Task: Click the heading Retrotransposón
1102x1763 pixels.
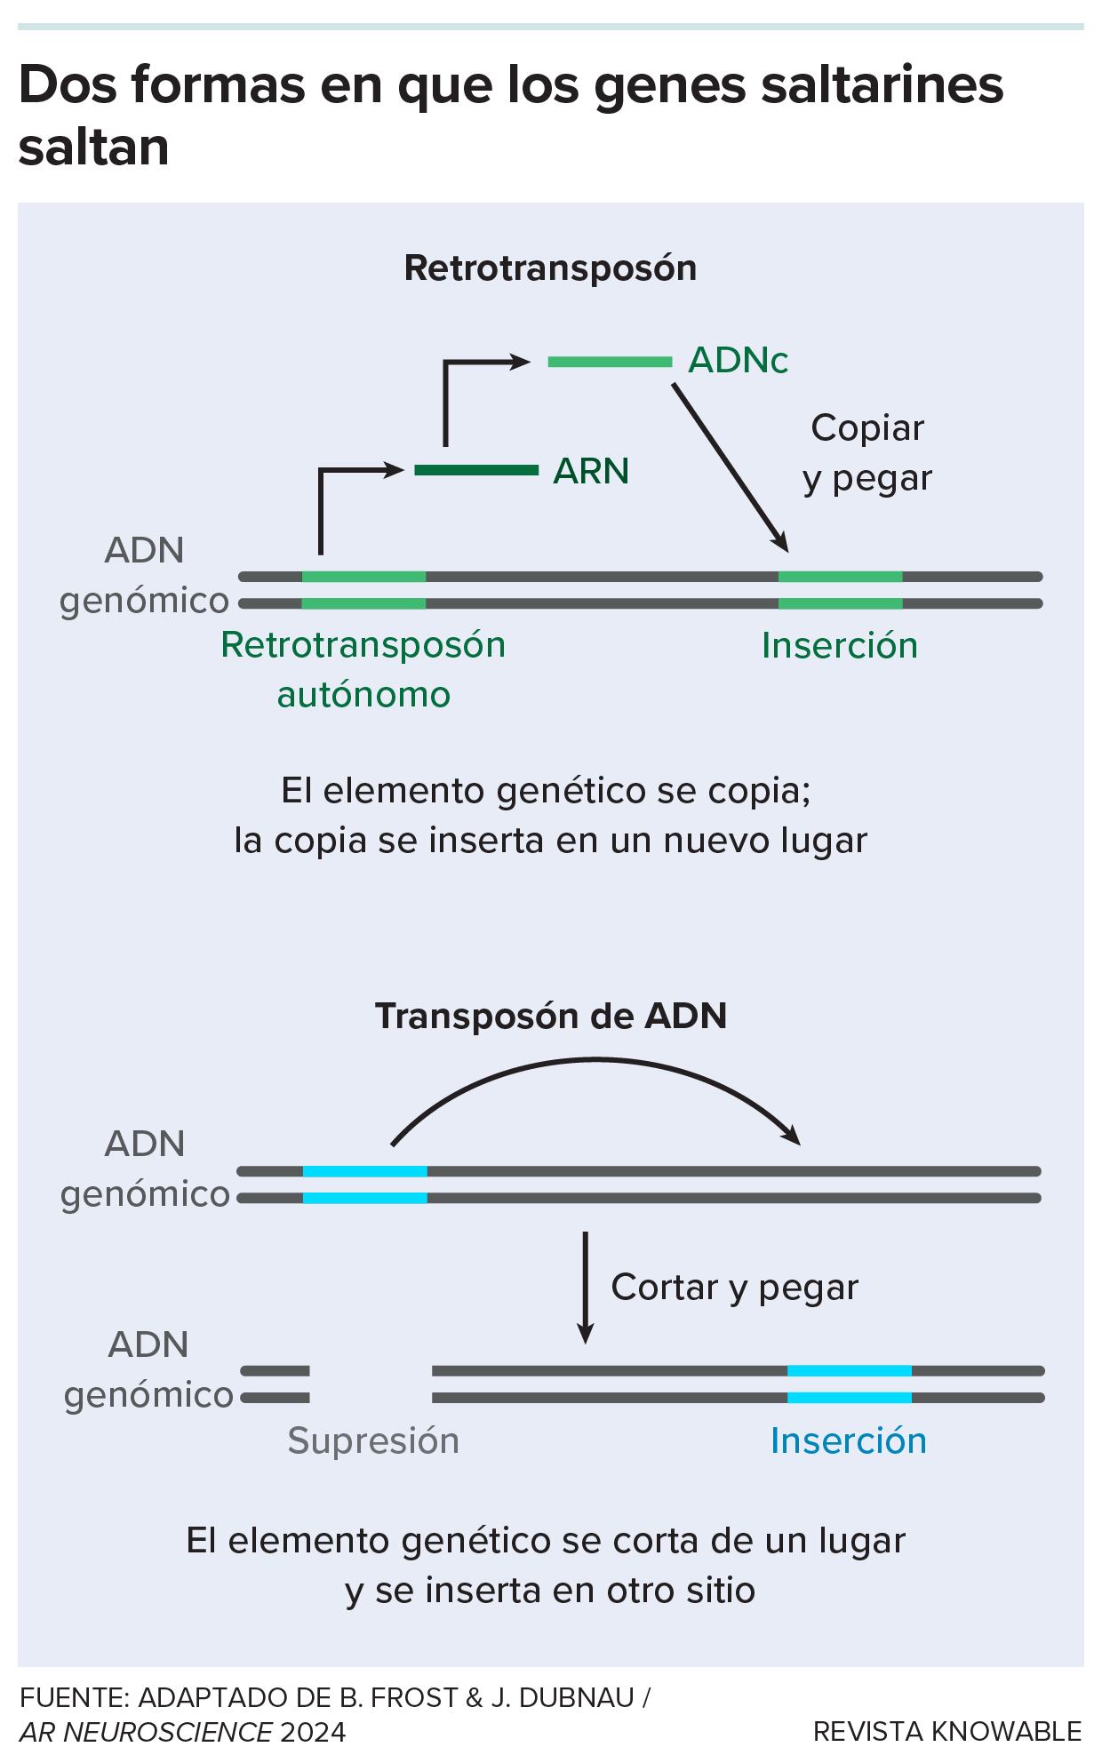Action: tap(550, 268)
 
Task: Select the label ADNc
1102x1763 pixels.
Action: tap(739, 361)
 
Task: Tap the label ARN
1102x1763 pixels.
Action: tap(591, 471)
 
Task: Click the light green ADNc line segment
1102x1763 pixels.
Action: tap(610, 362)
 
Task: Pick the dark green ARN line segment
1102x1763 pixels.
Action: tap(476, 469)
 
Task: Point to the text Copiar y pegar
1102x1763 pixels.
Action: tap(867, 453)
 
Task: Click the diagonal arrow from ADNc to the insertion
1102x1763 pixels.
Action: tap(729, 467)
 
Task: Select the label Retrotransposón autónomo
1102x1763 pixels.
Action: tap(363, 669)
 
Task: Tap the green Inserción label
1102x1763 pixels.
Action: tap(840, 645)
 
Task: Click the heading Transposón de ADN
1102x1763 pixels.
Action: tap(551, 1016)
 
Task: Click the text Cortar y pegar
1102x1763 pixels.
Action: tap(734, 1287)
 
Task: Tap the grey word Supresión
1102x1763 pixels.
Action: tap(373, 1440)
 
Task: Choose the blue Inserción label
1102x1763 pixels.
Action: tap(849, 1440)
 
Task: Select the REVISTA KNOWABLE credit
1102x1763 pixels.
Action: tap(947, 1731)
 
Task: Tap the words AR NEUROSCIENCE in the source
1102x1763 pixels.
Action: tap(146, 1732)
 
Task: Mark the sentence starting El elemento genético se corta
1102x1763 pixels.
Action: tap(546, 1565)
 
